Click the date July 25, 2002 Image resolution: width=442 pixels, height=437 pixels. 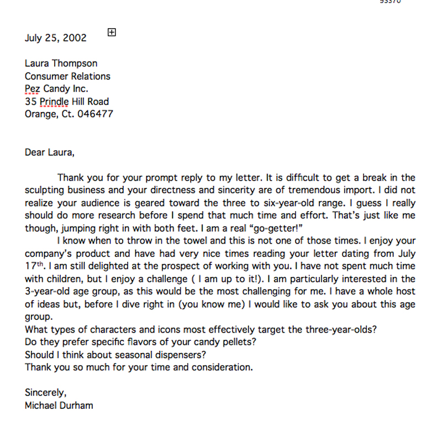(56, 38)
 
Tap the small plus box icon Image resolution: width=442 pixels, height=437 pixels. (112, 32)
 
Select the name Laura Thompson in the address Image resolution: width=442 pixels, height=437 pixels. (61, 64)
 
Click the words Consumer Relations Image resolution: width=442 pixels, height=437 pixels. (67, 76)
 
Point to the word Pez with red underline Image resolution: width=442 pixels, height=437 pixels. (33, 89)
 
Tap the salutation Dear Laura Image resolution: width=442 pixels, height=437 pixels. (49, 152)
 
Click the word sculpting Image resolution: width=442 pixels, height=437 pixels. (46, 191)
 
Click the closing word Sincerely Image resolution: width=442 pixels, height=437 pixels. (45, 393)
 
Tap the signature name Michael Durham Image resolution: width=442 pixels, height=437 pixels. (59, 406)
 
